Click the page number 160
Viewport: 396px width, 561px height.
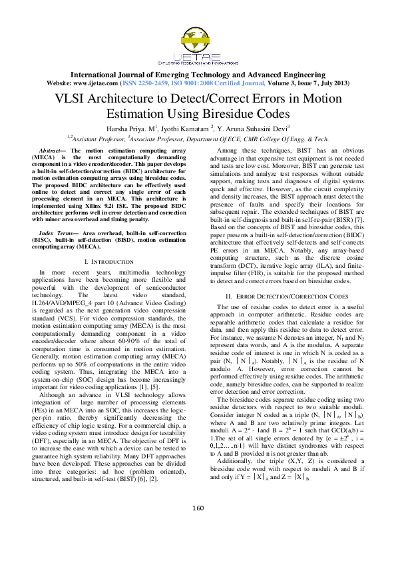(198, 527)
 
